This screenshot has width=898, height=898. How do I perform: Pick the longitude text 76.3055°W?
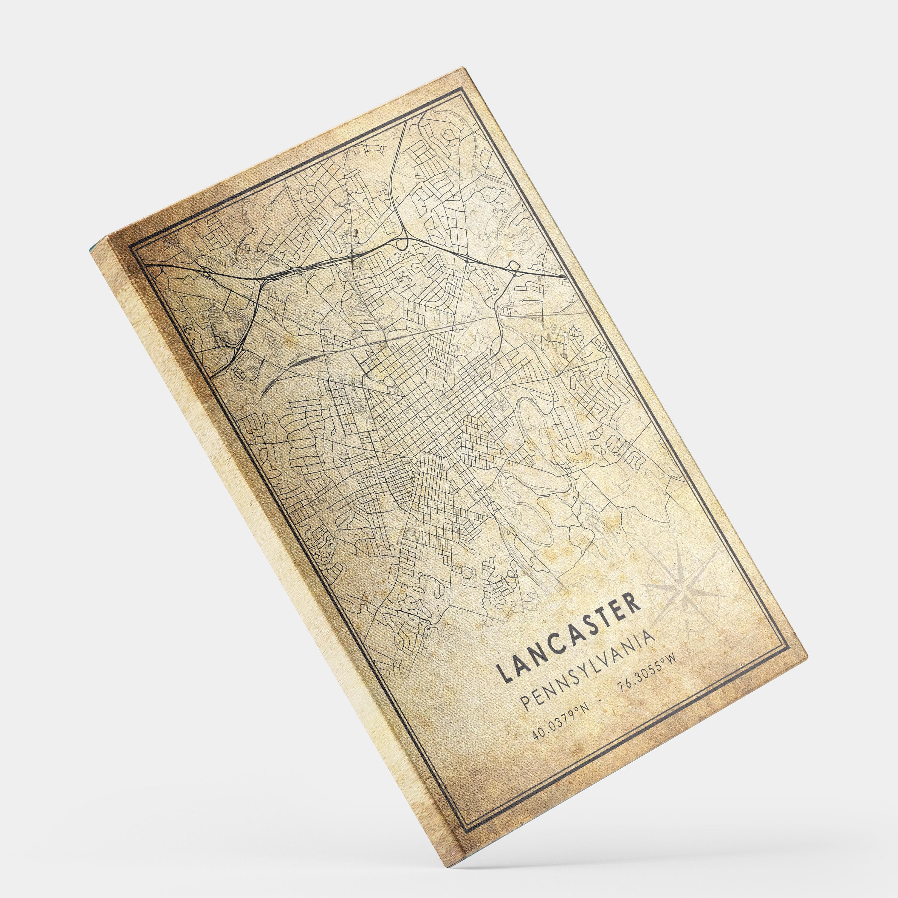point(646,670)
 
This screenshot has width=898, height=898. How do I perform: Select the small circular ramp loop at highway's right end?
point(514,266)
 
